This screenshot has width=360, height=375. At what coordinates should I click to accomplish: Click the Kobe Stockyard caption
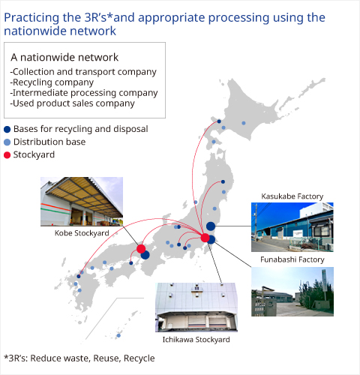(82, 233)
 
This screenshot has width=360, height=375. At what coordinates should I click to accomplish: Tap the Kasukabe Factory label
(292, 196)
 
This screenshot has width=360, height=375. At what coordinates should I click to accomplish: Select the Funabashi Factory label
(292, 259)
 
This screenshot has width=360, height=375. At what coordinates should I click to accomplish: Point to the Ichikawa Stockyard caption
(196, 340)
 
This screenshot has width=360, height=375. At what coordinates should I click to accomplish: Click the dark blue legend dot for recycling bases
(7, 129)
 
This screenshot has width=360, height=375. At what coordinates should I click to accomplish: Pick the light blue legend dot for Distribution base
(7, 142)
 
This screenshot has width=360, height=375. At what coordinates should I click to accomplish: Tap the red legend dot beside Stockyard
(7, 155)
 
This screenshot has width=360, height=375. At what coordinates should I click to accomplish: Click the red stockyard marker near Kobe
(141, 249)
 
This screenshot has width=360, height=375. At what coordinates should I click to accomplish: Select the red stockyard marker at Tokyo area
(205, 238)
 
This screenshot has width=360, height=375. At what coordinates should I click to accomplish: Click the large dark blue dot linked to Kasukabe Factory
(211, 226)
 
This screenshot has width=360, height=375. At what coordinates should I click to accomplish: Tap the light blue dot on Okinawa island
(118, 335)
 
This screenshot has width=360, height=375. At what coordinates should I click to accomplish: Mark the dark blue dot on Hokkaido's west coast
(219, 121)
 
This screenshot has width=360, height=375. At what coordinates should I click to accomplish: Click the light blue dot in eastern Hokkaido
(244, 123)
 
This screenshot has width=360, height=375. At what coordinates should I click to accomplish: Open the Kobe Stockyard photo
(82, 202)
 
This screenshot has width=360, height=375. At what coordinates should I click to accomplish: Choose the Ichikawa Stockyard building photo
(196, 307)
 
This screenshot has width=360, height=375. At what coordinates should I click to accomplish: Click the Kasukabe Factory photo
(292, 227)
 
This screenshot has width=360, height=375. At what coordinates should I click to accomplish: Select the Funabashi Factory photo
(292, 292)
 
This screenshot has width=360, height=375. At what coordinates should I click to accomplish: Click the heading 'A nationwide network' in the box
(64, 57)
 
